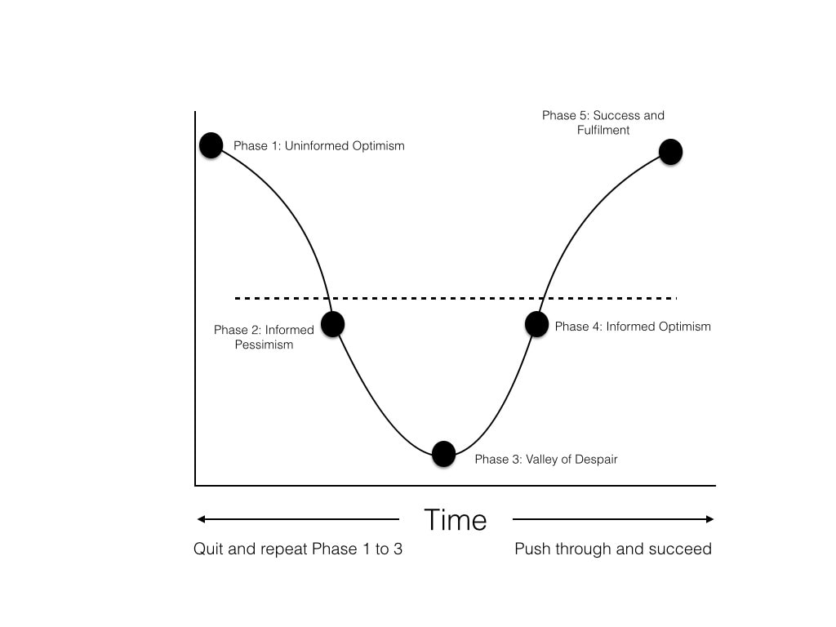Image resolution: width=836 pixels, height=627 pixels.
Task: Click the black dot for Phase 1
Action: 211,145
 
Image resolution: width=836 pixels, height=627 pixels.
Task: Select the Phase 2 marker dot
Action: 333,324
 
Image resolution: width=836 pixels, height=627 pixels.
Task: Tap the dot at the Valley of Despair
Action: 443,454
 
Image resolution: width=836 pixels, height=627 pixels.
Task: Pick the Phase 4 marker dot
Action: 537,324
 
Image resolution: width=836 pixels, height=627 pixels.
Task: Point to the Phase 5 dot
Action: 671,152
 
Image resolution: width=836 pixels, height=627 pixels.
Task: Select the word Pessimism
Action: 264,345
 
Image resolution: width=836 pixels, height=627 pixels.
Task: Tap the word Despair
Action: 595,460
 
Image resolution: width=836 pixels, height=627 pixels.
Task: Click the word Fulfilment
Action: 603,130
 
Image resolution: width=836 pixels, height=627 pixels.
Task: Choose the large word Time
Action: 456,520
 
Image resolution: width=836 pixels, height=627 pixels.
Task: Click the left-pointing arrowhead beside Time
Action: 201,519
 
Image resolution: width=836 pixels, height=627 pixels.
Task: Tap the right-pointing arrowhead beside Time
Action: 709,519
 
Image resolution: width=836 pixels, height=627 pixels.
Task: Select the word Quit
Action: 208,549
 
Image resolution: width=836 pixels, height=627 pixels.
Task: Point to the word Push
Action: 532,549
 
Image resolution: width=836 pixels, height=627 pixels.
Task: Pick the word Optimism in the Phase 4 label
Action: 684,327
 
